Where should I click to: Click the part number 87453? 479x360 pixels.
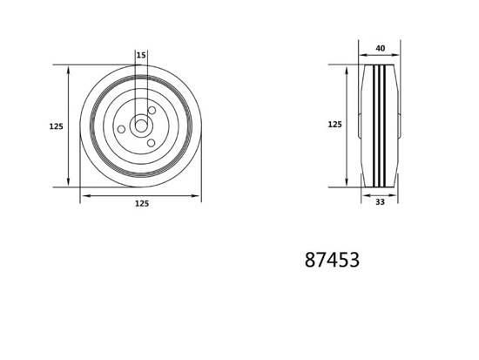tap(332, 260)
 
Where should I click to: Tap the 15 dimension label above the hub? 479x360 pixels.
tap(141, 55)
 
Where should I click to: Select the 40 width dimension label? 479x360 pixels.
tap(381, 48)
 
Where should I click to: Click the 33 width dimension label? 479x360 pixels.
tap(380, 202)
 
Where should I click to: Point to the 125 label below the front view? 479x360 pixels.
tap(142, 203)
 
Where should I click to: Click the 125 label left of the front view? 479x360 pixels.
tap(57, 126)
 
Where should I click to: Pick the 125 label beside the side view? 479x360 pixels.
tap(334, 125)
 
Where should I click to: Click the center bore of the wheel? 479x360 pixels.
tap(141, 126)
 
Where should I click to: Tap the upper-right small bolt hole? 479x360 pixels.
tap(152, 110)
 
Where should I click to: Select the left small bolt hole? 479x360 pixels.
tap(121, 129)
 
